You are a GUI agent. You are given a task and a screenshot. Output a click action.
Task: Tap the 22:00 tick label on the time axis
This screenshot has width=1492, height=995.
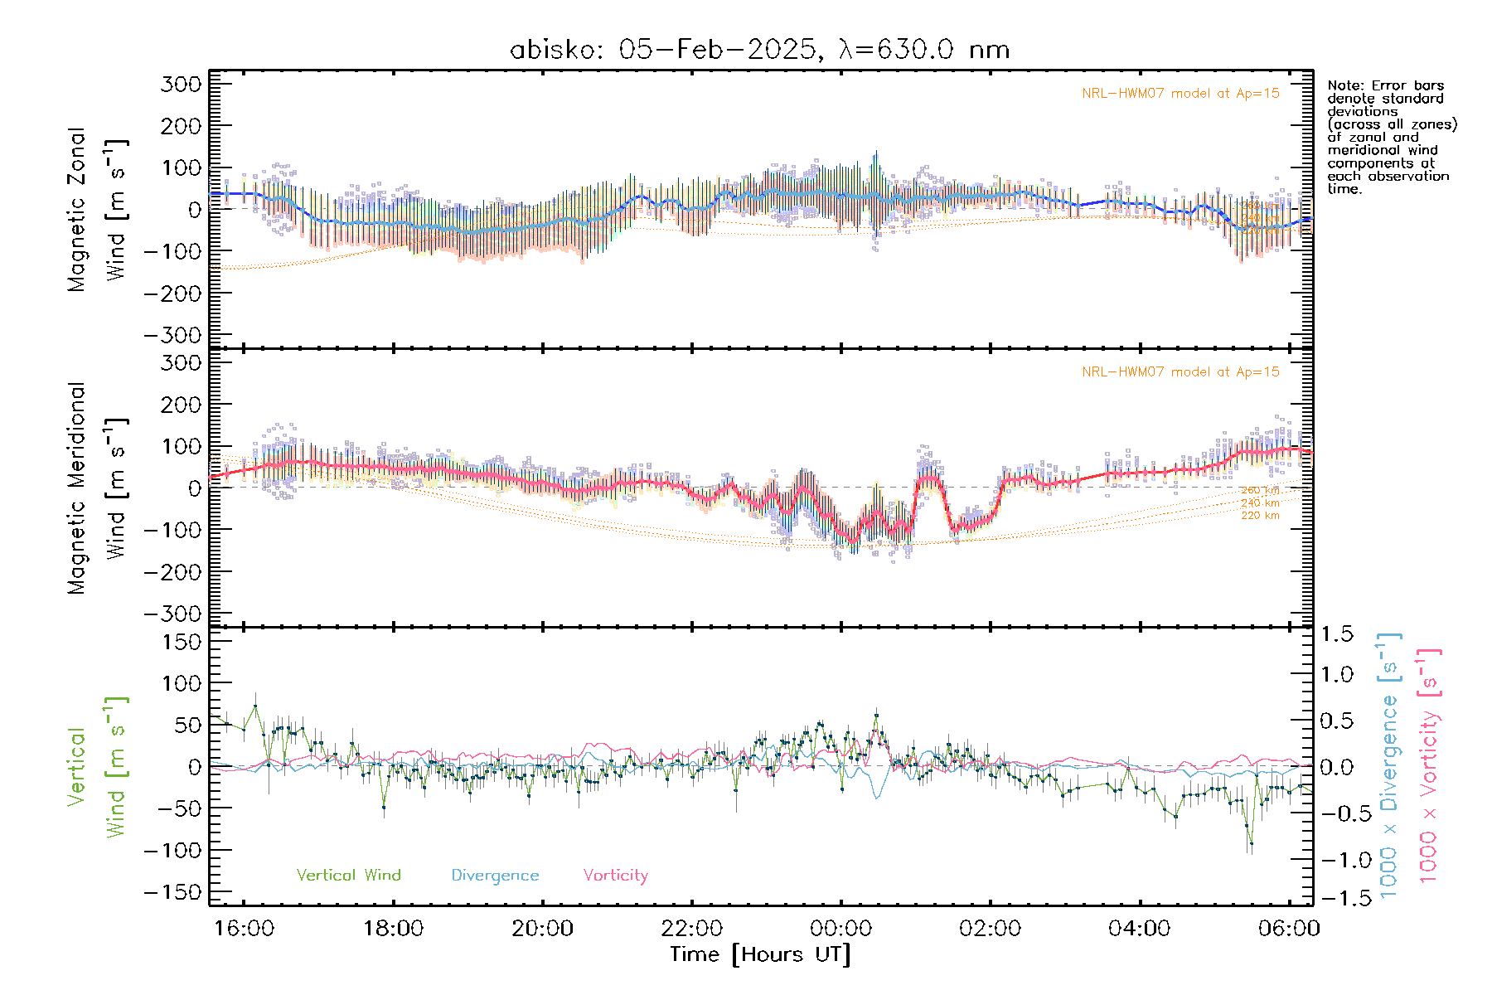pyautogui.click(x=692, y=928)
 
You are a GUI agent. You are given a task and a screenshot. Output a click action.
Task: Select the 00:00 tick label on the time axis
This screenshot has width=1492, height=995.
pyautogui.click(x=841, y=928)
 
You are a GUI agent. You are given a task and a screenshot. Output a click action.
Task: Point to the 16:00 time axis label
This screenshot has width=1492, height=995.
pyautogui.click(x=244, y=928)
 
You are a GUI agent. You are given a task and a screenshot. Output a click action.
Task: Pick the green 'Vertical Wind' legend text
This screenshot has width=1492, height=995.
pyautogui.click(x=348, y=875)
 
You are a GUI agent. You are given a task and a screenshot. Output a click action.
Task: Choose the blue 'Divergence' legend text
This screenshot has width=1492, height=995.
pyautogui.click(x=495, y=875)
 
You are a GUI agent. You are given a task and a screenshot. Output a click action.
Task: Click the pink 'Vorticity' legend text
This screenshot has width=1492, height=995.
pyautogui.click(x=615, y=875)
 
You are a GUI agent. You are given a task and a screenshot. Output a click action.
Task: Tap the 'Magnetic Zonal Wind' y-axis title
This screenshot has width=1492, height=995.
pyautogui.click(x=97, y=209)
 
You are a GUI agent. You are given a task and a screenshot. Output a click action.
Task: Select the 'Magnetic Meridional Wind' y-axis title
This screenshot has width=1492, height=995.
pyautogui.click(x=97, y=488)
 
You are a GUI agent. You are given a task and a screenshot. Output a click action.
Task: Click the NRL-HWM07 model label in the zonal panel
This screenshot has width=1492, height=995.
pyautogui.click(x=1180, y=93)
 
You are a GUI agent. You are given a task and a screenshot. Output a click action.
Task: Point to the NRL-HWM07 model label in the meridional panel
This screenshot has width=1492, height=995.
pyautogui.click(x=1180, y=371)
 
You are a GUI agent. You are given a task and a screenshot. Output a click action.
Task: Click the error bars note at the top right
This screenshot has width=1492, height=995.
pyautogui.click(x=1391, y=137)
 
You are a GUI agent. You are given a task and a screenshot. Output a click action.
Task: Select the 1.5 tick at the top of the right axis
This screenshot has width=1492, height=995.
pyautogui.click(x=1336, y=634)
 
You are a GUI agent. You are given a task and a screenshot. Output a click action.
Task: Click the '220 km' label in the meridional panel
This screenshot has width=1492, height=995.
pyautogui.click(x=1260, y=516)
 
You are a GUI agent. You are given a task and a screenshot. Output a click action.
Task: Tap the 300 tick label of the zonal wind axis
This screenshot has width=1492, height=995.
pyautogui.click(x=182, y=84)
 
